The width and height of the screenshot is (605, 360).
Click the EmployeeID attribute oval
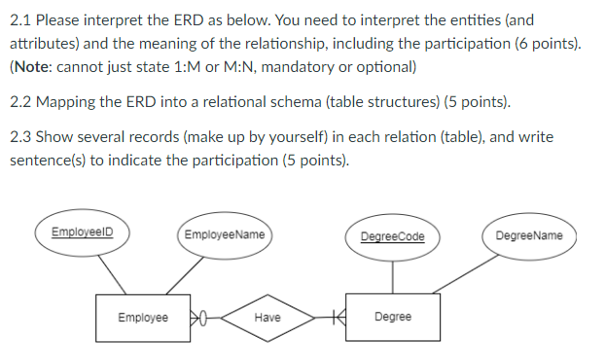(82, 234)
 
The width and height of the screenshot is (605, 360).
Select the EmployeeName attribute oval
(223, 234)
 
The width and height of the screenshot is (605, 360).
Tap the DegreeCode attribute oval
(392, 235)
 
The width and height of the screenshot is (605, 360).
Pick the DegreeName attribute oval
(528, 235)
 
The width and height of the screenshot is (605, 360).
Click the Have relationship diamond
(267, 317)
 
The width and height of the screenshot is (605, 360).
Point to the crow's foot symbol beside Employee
(198, 317)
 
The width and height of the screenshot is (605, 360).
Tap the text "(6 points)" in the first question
(550, 44)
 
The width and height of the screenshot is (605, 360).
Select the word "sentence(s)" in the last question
(48, 161)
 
